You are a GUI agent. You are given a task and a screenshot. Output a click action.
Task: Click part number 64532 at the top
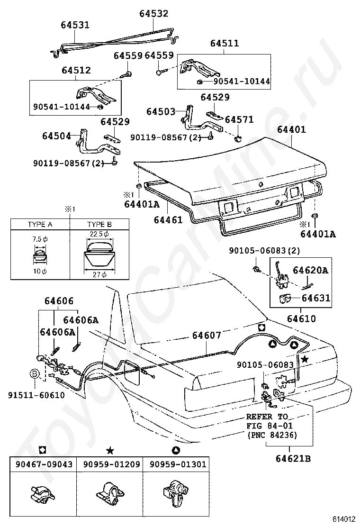click(154, 13)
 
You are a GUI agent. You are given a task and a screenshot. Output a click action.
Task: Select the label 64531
click(75, 25)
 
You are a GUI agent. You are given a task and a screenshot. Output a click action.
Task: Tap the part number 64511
click(225, 43)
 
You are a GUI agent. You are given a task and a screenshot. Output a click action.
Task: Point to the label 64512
click(76, 70)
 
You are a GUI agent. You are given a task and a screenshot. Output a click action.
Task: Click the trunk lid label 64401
click(291, 129)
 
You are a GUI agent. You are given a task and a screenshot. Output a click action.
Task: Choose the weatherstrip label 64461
click(168, 220)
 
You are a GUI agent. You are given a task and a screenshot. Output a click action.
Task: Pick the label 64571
click(239, 119)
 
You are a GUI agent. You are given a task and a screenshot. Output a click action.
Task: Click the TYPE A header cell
click(40, 225)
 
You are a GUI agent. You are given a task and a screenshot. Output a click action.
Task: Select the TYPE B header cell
click(99, 225)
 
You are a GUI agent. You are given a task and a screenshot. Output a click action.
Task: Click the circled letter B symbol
click(35, 373)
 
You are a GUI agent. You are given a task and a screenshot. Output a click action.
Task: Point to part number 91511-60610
click(36, 395)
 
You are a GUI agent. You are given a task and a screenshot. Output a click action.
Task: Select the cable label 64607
click(207, 336)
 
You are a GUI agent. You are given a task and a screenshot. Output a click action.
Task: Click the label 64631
click(315, 298)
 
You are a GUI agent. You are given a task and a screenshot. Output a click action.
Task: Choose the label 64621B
click(293, 458)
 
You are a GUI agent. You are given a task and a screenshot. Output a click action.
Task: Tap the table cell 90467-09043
click(44, 464)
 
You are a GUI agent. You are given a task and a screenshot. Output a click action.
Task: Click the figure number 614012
click(344, 519)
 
